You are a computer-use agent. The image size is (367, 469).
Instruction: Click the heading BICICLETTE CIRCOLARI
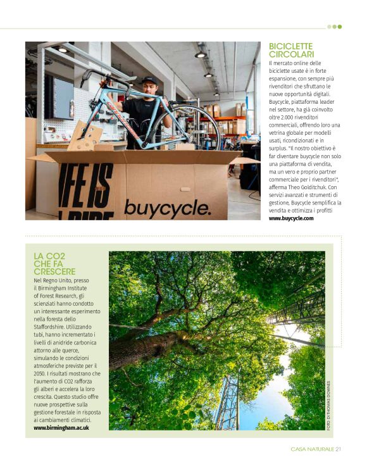pyautogui.click(x=290, y=50)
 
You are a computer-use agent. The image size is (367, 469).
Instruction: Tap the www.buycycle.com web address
pyautogui.click(x=290, y=218)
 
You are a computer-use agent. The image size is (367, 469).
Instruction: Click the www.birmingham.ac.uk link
pyautogui.click(x=61, y=428)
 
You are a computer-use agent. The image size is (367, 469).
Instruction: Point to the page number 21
pyautogui.click(x=339, y=449)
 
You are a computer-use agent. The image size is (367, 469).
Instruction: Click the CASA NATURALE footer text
pyautogui.click(x=312, y=449)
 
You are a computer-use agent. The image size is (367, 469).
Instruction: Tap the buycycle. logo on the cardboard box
pyautogui.click(x=159, y=207)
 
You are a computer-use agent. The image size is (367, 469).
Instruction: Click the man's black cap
pyautogui.click(x=149, y=80)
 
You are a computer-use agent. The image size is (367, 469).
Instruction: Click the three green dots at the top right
pyautogui.click(x=335, y=27)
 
